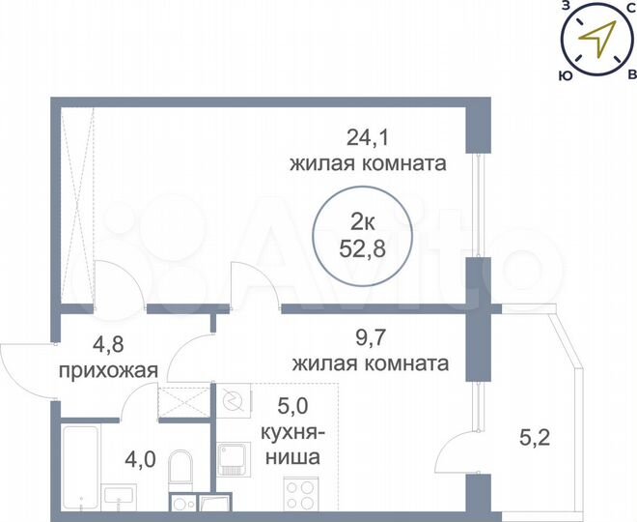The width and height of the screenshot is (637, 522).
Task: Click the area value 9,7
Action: (368, 338)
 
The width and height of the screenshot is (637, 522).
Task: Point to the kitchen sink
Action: (234, 457)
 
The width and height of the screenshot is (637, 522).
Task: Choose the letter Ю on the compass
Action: (563, 73)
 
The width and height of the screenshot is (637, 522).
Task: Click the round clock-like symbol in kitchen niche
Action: (232, 399)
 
